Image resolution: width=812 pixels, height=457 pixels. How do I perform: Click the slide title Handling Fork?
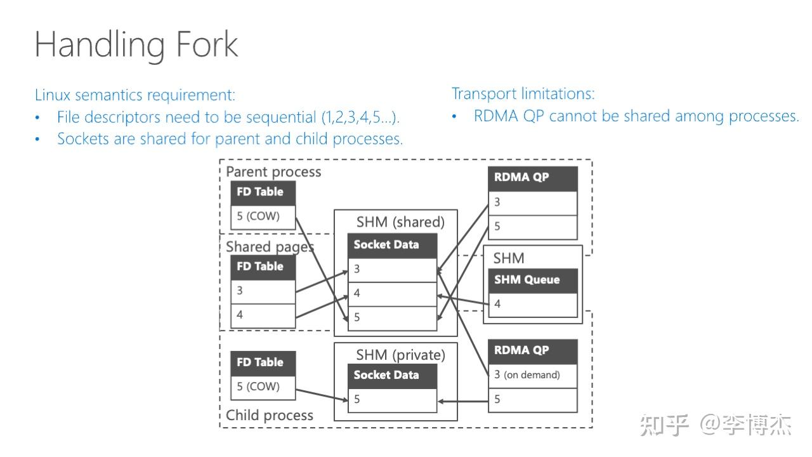(136, 44)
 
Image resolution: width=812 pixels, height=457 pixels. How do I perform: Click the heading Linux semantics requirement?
(134, 95)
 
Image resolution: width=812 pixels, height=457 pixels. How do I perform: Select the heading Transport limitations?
(523, 93)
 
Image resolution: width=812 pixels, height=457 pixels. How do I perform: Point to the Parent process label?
(273, 171)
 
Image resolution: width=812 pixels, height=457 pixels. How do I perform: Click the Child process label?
(270, 415)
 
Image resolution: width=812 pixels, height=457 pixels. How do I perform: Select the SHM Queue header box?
(532, 280)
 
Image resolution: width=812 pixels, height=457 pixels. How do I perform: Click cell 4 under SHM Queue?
(532, 304)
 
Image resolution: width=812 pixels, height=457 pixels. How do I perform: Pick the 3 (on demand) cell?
(532, 374)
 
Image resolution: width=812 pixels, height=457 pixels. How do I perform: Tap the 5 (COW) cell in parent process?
(263, 216)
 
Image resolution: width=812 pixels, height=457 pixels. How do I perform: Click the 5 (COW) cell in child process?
(263, 387)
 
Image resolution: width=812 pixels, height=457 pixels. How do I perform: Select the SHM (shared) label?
(400, 222)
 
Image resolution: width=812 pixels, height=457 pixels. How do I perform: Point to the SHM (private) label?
(400, 354)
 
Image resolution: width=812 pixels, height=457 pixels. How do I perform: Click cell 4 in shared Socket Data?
(392, 293)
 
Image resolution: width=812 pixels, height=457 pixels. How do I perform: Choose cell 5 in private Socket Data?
(392, 399)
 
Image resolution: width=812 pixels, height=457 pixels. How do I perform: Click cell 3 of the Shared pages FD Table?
(263, 291)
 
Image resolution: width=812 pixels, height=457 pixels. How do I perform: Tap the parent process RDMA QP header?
(532, 178)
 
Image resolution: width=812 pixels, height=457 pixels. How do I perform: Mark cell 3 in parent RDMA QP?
(532, 202)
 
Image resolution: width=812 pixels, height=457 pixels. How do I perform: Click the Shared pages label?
(270, 247)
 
